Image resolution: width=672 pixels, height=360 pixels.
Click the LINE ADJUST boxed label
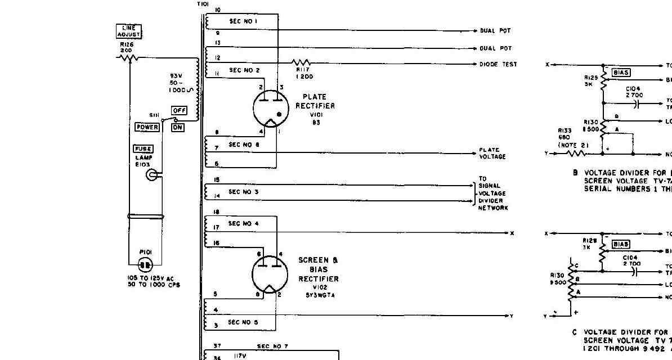[129, 31]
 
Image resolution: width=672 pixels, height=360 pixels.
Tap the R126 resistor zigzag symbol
[128, 57]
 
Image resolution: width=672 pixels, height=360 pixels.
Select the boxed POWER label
[147, 127]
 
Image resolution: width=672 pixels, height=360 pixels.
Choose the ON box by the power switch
[178, 128]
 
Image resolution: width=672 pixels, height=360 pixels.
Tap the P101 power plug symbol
[146, 264]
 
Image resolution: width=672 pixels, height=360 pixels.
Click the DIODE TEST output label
[498, 64]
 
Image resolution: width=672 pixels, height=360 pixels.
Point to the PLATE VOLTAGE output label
[492, 153]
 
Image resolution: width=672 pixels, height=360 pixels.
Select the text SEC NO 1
[243, 21]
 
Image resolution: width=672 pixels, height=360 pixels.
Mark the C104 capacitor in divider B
[637, 103]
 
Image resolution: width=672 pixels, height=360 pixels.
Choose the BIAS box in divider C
[621, 244]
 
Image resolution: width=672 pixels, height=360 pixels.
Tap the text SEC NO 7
[272, 346]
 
